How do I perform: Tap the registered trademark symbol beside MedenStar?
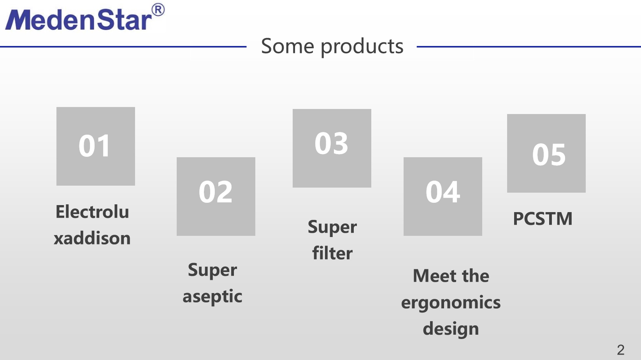click(x=158, y=10)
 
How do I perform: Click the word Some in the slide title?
click(x=288, y=46)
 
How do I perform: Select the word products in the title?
click(x=362, y=47)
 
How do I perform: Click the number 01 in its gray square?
click(x=95, y=146)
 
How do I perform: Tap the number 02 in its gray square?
click(x=216, y=192)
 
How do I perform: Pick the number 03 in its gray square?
click(x=331, y=143)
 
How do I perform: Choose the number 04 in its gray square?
click(x=443, y=192)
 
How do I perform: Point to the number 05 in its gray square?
click(x=549, y=155)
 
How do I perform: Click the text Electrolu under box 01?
click(x=92, y=212)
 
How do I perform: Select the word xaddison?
click(x=92, y=238)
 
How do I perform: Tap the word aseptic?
click(x=212, y=297)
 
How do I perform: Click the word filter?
click(x=332, y=253)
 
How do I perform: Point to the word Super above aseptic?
click(x=212, y=270)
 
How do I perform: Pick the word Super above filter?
click(x=332, y=227)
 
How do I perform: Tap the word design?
click(x=451, y=329)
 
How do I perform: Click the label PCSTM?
click(x=543, y=219)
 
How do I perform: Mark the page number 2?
click(x=621, y=350)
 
